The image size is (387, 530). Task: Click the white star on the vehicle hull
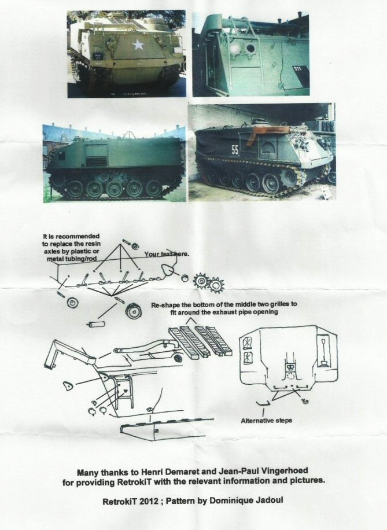coord(138,45)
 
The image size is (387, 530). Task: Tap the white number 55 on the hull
coord(235,150)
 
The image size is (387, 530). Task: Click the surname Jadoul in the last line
coord(268,500)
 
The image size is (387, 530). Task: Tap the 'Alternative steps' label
coord(266,421)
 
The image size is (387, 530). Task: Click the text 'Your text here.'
coord(167,254)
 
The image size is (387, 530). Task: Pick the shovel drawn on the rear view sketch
coord(323,352)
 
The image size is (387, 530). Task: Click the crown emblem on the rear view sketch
coord(290,366)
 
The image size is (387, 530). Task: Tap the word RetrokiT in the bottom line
coord(119,502)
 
